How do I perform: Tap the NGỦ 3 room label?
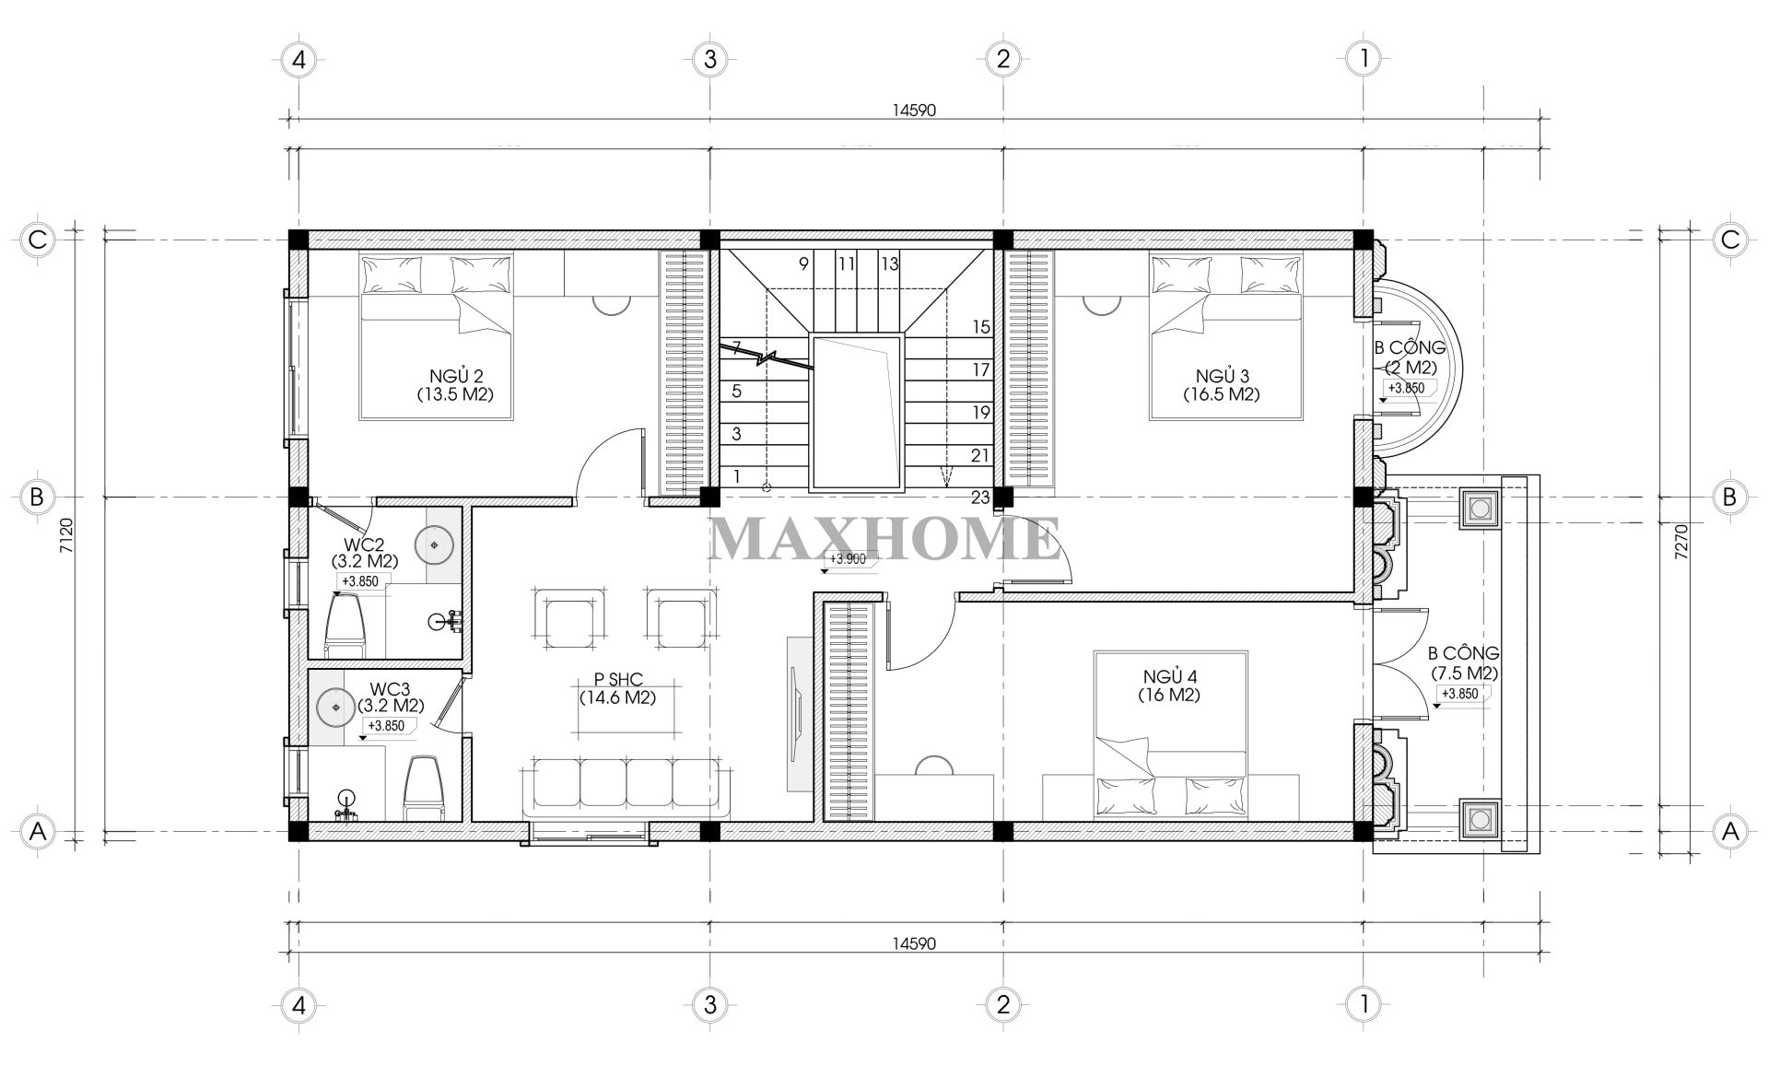[1222, 385]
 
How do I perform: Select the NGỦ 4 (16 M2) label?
[1168, 686]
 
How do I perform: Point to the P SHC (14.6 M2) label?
[616, 688]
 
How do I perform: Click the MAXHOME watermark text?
[884, 540]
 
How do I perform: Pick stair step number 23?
[979, 498]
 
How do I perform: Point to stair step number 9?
[803, 264]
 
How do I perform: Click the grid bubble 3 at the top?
[708, 60]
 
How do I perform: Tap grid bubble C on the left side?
[38, 240]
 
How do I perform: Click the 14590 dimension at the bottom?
[913, 943]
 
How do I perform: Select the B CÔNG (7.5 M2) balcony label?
[1463, 663]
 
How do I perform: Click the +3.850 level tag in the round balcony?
[1406, 388]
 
